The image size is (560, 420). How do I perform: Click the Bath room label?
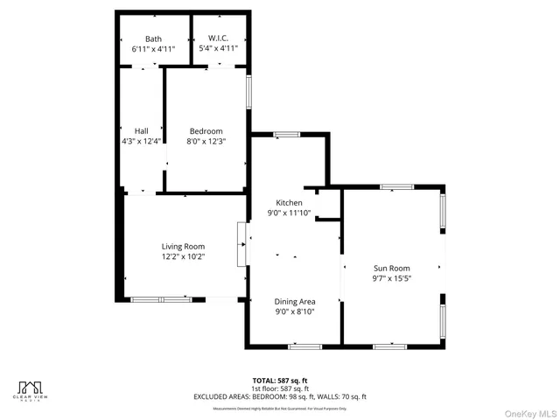tap(153, 38)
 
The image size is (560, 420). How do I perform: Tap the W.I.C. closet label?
tap(217, 38)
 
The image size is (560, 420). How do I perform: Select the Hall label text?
tap(141, 131)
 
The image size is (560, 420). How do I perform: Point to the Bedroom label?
tap(206, 131)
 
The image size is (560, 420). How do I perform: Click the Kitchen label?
tap(289, 202)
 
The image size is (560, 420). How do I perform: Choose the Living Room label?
tap(182, 247)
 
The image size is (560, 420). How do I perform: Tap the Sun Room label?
tap(391, 269)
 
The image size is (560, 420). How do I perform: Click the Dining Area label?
tap(295, 301)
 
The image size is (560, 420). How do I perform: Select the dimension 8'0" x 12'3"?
tap(206, 141)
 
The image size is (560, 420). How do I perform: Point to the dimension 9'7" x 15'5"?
tap(391, 278)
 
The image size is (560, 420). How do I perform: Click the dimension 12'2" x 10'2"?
tap(182, 256)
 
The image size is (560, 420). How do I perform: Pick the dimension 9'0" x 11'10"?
tap(289, 212)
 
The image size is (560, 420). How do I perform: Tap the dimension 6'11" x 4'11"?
tap(153, 49)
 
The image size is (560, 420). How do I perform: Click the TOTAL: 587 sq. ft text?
tap(279, 381)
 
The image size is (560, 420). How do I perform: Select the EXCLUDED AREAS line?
tap(279, 396)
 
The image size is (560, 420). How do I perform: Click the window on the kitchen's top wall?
tap(286, 134)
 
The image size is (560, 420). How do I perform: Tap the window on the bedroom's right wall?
tap(248, 92)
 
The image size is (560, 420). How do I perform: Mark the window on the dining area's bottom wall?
tap(304, 346)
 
